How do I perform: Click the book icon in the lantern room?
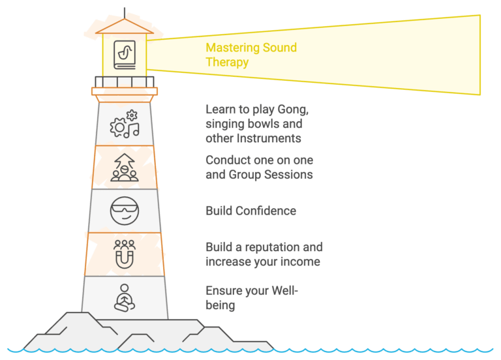pyautogui.click(x=125, y=55)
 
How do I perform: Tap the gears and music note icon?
pyautogui.click(x=125, y=124)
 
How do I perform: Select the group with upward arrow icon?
pyautogui.click(x=125, y=168)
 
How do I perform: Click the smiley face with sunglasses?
pyautogui.click(x=125, y=211)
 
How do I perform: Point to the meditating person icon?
pyautogui.click(x=125, y=297)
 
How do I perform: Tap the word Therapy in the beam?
pyautogui.click(x=227, y=63)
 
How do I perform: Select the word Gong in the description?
pyautogui.click(x=293, y=110)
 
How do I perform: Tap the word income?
pyautogui.click(x=304, y=262)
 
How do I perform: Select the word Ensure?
pyautogui.click(x=221, y=291)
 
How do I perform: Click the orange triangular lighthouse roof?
pyautogui.click(x=125, y=26)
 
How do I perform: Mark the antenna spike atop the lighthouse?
pyautogui.click(x=125, y=13)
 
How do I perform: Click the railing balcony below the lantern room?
pyautogui.click(x=125, y=82)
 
